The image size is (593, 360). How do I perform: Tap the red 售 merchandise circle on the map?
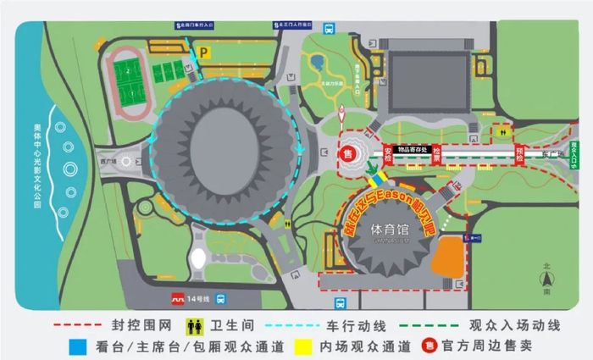pos(347,154)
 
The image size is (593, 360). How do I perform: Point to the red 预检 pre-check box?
pos(520,153)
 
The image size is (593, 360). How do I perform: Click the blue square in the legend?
pos(79,346)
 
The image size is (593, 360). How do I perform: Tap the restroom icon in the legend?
pos(194,324)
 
